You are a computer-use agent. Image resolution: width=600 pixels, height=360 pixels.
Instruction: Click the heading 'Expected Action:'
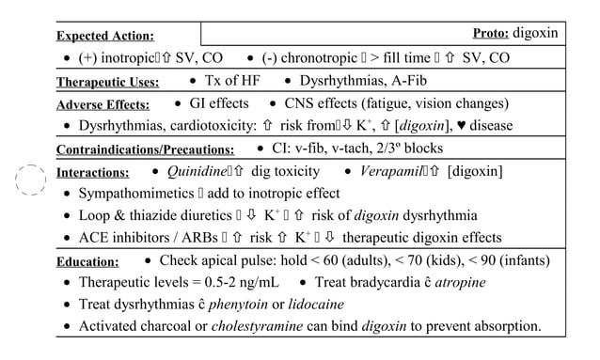(x=105, y=36)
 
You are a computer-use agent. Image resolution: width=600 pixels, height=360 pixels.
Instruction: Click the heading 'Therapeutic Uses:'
(x=107, y=82)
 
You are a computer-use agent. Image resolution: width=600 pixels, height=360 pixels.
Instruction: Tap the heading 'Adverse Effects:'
(x=104, y=104)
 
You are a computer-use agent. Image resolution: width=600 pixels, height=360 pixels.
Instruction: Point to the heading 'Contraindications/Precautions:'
(x=145, y=149)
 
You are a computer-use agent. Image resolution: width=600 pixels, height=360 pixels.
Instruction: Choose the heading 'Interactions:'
(x=93, y=173)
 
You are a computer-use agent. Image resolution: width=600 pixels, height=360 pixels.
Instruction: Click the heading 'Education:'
(x=87, y=262)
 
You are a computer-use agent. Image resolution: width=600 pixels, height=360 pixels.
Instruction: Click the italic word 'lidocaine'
(x=316, y=305)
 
